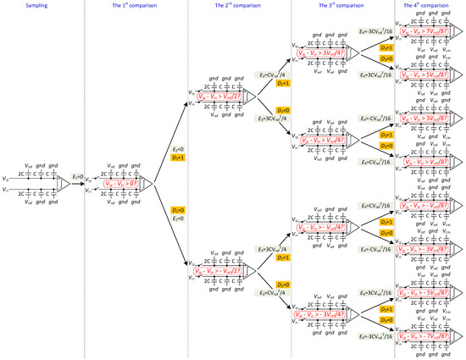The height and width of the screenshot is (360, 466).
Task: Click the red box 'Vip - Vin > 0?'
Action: point(122,184)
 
